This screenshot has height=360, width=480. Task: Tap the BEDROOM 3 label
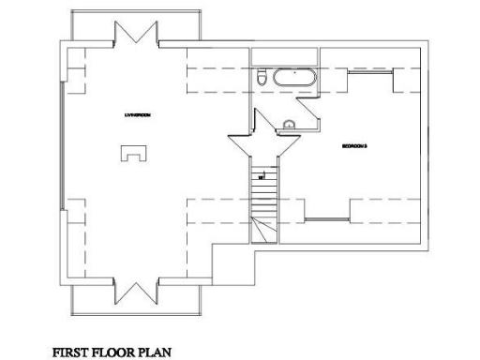(x=353, y=146)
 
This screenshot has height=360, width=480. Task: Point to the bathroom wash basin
(x=289, y=124)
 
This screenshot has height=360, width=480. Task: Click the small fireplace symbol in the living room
(x=131, y=154)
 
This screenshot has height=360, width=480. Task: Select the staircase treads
(x=263, y=192)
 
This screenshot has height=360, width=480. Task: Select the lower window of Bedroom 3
(x=328, y=219)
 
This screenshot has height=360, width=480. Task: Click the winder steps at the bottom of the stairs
(x=264, y=231)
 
